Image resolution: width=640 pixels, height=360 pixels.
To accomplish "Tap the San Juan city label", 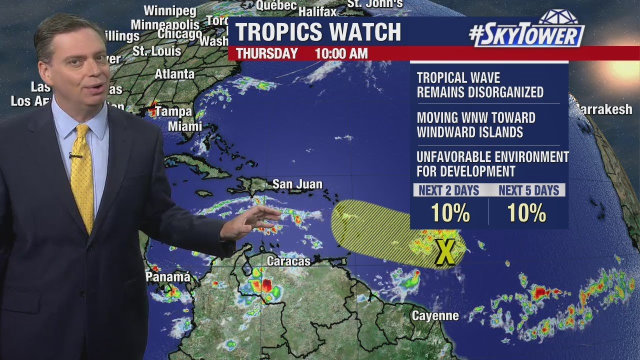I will click(x=297, y=184).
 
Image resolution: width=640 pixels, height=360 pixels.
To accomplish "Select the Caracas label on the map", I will click(x=288, y=261).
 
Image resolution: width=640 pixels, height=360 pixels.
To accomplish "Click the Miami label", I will click(x=185, y=126).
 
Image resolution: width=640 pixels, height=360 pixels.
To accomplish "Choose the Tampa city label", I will click(x=173, y=111).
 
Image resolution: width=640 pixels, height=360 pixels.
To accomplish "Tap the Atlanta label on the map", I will click(x=174, y=74).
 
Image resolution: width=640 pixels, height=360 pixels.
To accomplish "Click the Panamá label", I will click(x=168, y=277).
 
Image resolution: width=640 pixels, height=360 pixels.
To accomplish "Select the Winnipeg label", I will click(x=170, y=11).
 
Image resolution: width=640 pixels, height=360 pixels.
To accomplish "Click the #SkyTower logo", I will click(x=527, y=33).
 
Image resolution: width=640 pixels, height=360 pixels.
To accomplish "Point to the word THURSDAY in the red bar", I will click(x=266, y=53).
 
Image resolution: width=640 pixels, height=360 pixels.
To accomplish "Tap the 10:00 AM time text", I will click(x=341, y=53).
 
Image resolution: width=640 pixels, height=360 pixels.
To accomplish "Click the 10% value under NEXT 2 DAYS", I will click(x=450, y=213).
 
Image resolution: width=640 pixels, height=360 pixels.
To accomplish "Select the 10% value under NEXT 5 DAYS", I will click(x=527, y=213).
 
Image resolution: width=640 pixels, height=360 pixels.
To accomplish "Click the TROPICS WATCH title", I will click(x=318, y=32).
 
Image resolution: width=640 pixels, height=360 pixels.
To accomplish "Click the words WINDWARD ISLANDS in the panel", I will click(x=469, y=132).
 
